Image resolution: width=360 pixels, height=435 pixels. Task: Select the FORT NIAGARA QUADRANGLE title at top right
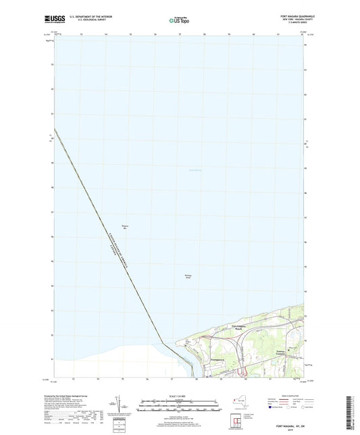(x=288, y=15)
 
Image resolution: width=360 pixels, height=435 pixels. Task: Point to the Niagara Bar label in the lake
(x=124, y=228)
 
